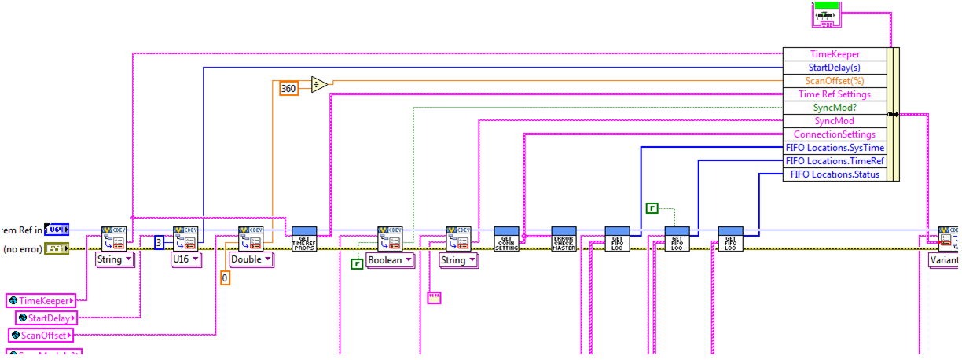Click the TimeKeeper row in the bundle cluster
point(834,54)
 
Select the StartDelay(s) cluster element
point(834,68)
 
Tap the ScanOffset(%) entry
point(834,81)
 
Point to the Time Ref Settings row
point(834,94)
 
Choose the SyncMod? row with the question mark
point(834,108)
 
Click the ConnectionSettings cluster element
point(834,134)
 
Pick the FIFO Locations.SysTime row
point(834,148)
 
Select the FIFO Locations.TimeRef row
point(834,161)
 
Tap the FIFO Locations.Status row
point(834,174)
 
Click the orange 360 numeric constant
point(288,88)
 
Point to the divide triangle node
point(318,85)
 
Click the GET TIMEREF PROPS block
point(303,238)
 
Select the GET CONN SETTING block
point(505,238)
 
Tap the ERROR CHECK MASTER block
point(564,238)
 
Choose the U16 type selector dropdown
point(185,259)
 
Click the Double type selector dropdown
point(251,259)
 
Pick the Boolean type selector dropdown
point(390,260)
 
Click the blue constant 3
point(159,241)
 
